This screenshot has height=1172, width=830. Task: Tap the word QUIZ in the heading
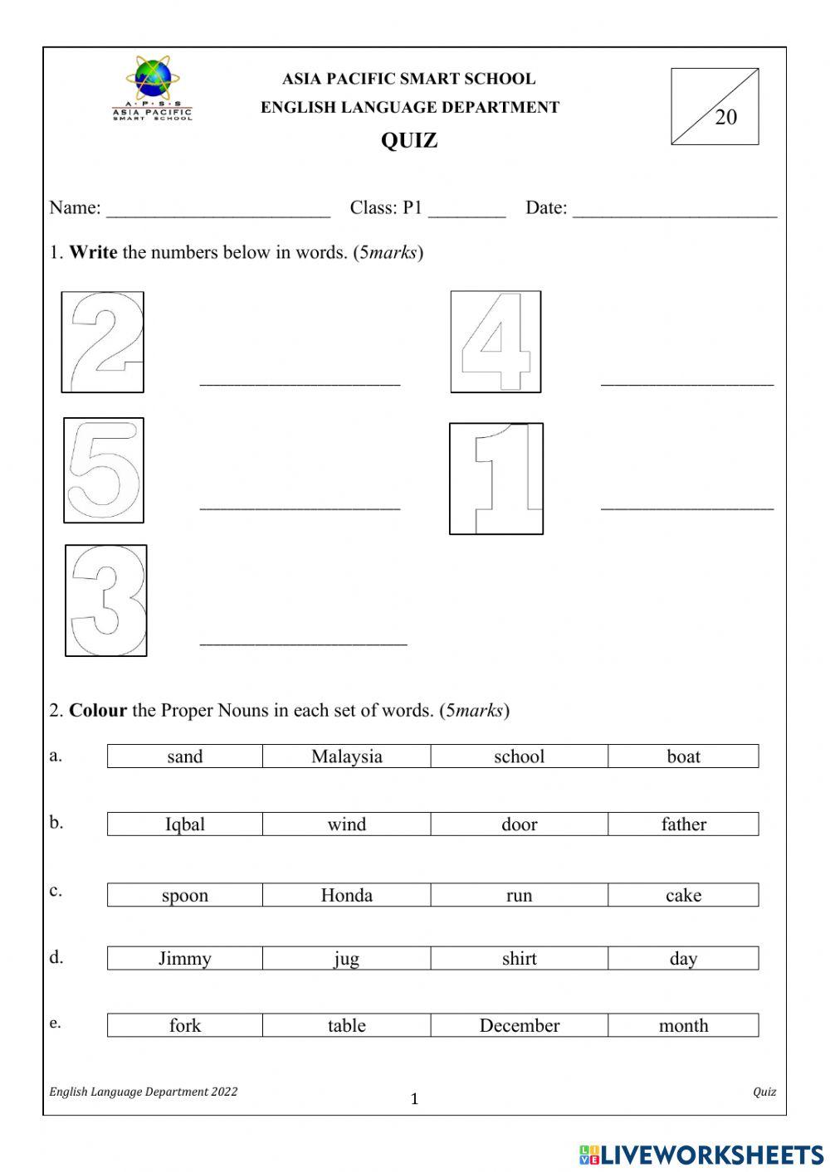(x=409, y=140)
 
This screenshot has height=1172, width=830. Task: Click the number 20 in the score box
(x=725, y=118)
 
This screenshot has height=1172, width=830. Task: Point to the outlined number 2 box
(x=103, y=342)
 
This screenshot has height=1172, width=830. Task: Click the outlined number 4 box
(x=496, y=342)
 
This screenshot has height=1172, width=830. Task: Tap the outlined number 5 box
(x=104, y=470)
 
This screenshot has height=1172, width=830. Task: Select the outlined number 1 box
(x=496, y=479)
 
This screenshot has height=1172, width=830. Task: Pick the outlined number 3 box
(x=106, y=601)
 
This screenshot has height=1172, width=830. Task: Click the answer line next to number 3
(x=303, y=641)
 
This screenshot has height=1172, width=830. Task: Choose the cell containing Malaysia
(x=347, y=756)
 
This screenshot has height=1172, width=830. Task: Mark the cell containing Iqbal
(x=185, y=824)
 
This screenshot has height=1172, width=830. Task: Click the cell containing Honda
(x=347, y=895)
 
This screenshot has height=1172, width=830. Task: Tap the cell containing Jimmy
(x=185, y=959)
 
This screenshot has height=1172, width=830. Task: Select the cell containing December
(x=520, y=1025)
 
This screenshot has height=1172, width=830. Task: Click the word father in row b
(x=684, y=824)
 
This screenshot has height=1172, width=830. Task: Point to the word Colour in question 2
(x=98, y=710)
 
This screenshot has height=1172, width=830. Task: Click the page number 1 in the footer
(x=415, y=1100)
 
